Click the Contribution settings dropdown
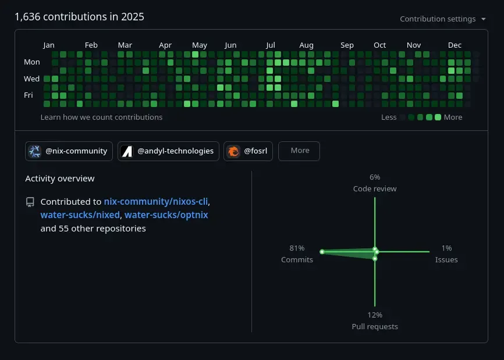click(x=443, y=19)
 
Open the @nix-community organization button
click(x=69, y=151)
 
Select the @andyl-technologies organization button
click(x=168, y=151)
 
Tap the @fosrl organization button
click(x=249, y=151)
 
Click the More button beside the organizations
click(x=299, y=151)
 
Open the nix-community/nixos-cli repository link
click(x=156, y=202)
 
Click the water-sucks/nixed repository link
click(x=80, y=215)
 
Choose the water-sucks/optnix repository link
click(x=166, y=215)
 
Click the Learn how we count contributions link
click(x=101, y=117)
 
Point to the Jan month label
click(x=49, y=45)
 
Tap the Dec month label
click(x=455, y=45)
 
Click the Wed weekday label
click(x=31, y=79)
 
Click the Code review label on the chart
click(x=375, y=189)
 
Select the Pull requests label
click(x=375, y=327)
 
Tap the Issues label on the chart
click(x=446, y=260)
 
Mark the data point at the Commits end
click(x=322, y=252)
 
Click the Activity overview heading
click(x=60, y=179)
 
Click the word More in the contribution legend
click(x=453, y=117)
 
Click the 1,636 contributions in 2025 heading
click(x=79, y=17)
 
